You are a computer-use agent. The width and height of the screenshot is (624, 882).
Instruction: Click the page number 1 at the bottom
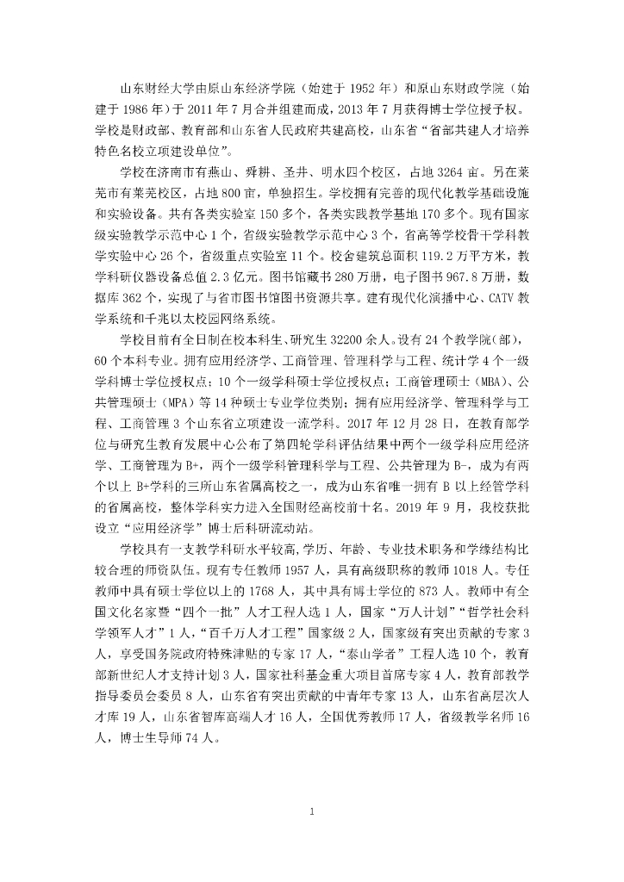click(312, 811)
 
